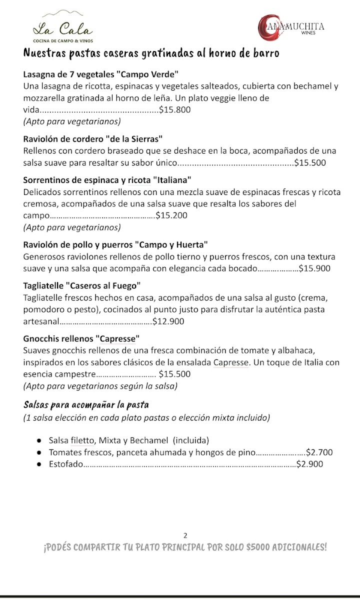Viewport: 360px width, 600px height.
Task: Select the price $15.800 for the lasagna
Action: [x=174, y=110]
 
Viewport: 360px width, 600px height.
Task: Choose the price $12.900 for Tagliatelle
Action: [x=168, y=321]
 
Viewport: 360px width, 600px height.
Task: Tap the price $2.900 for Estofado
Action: [x=309, y=464]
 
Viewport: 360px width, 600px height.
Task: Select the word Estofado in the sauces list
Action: [x=65, y=464]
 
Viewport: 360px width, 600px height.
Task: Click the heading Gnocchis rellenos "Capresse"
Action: [x=81, y=338]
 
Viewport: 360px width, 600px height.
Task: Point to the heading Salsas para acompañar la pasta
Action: [x=86, y=404]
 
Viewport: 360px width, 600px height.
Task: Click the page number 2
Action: [x=185, y=535]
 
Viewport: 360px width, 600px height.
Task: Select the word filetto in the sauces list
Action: [x=82, y=440]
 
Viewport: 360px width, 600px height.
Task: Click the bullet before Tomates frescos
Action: [x=39, y=452]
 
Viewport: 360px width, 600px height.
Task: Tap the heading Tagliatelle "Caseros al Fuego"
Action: [x=82, y=286]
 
